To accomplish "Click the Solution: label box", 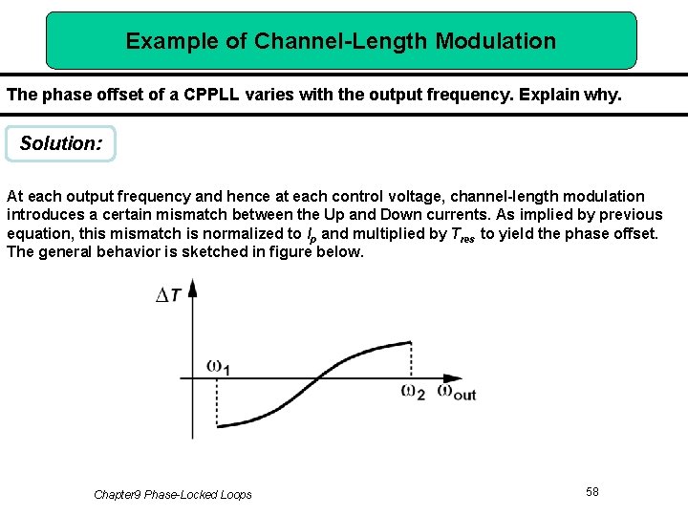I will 60,144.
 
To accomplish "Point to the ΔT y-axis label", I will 169,295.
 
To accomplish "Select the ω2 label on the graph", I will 414,391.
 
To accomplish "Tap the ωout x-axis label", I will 456,391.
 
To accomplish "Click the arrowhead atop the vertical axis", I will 193,286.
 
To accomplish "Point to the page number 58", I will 592,491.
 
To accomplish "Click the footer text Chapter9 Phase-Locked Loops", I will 173,494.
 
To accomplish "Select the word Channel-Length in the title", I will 342,41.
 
